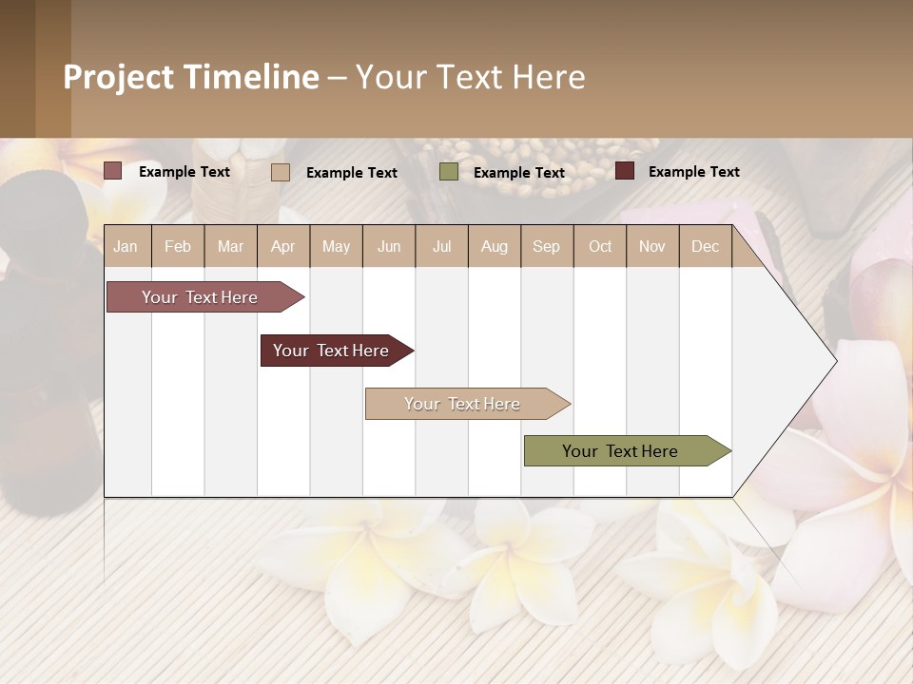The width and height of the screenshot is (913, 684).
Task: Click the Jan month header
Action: (126, 246)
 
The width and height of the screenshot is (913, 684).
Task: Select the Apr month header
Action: (282, 246)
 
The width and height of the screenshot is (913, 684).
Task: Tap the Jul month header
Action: (441, 246)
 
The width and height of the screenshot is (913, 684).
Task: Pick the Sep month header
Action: (546, 246)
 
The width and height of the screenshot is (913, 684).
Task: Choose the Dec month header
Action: (705, 246)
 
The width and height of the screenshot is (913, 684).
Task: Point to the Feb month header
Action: (178, 246)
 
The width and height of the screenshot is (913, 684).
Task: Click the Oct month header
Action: (600, 246)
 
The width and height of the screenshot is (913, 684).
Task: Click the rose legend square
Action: (113, 171)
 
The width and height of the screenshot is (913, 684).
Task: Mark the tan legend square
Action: (281, 172)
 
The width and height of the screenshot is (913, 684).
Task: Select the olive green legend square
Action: (449, 172)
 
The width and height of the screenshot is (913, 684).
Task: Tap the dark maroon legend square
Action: (625, 171)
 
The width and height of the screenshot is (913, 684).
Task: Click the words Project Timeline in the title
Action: (191, 77)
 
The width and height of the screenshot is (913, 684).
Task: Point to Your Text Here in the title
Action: (470, 77)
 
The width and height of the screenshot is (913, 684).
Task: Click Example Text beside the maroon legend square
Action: (693, 172)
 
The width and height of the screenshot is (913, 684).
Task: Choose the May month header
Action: (336, 246)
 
